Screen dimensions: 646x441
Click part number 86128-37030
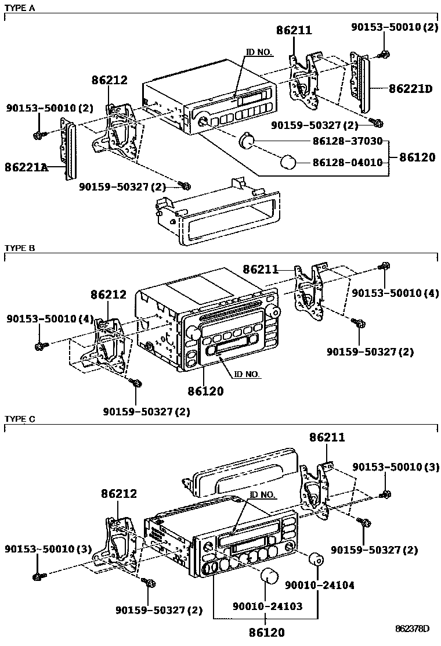point(348,141)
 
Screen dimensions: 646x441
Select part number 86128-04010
point(348,162)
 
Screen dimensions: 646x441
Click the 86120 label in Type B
point(205,392)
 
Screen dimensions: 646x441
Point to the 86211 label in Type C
point(327,437)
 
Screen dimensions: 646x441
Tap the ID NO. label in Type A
point(259,52)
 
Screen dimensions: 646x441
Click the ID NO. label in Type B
point(247,374)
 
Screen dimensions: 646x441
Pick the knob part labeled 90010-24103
point(269,576)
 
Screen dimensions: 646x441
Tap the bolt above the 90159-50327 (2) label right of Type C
point(366,522)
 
